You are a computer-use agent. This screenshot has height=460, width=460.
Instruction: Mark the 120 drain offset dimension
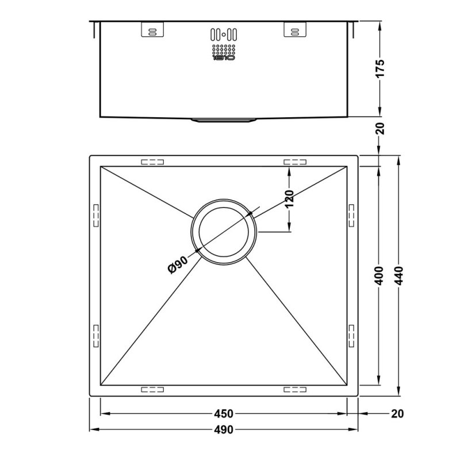point(289,198)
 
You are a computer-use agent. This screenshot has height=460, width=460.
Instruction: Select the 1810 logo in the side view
point(223,57)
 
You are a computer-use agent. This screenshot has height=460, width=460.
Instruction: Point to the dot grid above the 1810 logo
point(223,48)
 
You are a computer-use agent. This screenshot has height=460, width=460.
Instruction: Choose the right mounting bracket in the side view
point(294,31)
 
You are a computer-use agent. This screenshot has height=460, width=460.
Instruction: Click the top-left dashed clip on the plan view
point(152,162)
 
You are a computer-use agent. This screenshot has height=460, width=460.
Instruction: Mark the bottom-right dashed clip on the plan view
point(295,389)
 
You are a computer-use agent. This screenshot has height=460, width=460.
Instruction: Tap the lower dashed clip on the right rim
point(352,335)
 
